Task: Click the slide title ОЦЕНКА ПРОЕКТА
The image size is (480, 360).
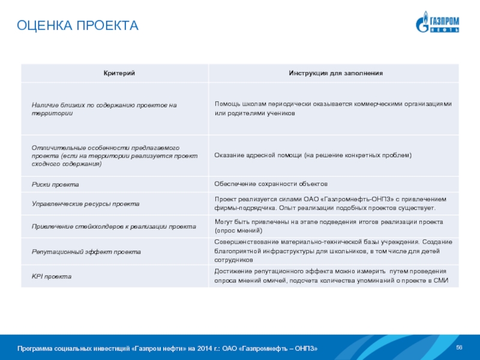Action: coord(77,26)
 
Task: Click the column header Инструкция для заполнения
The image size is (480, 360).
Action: coord(335,73)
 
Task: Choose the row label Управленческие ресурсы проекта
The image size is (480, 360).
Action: coord(85,204)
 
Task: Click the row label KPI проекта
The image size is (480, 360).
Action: coord(52,277)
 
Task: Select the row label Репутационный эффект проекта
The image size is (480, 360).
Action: coord(86,252)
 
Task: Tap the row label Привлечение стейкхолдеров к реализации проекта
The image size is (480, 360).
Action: coord(114,227)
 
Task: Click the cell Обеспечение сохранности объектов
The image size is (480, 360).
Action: coord(271,183)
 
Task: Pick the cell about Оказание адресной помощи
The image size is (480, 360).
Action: coord(313,155)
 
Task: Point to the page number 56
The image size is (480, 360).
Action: coord(460,348)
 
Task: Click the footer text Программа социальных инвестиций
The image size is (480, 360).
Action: coord(167,349)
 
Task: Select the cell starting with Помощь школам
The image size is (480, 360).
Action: coord(333,109)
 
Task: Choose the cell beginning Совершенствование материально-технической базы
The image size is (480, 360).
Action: coord(333,251)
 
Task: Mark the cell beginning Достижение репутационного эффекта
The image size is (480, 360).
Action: coord(331,276)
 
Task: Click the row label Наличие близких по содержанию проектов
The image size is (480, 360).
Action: coord(104,109)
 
